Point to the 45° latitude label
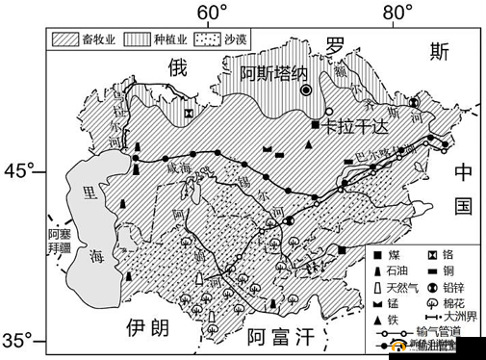pos(20,170)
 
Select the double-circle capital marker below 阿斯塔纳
pos(306,90)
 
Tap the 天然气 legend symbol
pos(379,286)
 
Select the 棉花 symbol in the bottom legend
pos(432,301)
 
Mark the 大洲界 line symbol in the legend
pos(432,316)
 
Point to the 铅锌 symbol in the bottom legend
pos(432,286)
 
